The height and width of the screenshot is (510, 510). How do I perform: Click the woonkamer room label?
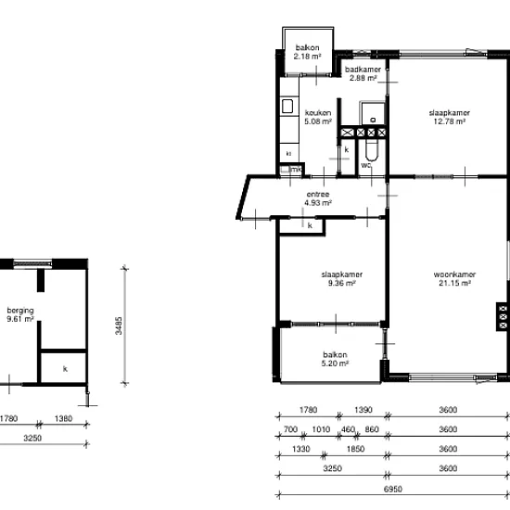tap(454, 279)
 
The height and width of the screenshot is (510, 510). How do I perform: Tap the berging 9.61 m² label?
tap(20, 314)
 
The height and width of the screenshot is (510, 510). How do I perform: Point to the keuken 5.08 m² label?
tap(318, 117)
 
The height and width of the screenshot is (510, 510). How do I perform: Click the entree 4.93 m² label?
tap(318, 198)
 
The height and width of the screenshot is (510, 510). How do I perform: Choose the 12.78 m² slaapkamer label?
tap(450, 117)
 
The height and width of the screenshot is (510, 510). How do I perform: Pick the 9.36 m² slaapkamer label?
tap(342, 279)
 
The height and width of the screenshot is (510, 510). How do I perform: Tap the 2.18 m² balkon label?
tap(307, 52)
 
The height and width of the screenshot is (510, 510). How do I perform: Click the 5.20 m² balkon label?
tap(335, 359)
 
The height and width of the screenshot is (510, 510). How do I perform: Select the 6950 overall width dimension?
tap(393, 489)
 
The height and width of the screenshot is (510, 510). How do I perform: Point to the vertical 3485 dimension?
tap(119, 325)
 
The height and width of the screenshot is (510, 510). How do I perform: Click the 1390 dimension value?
tap(363, 410)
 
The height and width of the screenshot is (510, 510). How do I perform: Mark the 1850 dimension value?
tap(355, 449)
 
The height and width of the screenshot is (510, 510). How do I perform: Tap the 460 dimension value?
tap(348, 429)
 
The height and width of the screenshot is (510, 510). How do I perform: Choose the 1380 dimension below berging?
tap(63, 418)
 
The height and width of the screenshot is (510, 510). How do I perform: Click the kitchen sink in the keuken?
tap(287, 107)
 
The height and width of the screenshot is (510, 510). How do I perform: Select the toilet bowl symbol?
tap(372, 151)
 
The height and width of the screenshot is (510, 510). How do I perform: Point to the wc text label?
tap(366, 165)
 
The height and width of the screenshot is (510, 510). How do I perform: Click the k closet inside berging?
tap(65, 368)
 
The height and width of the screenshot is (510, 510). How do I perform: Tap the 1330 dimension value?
tap(300, 449)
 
